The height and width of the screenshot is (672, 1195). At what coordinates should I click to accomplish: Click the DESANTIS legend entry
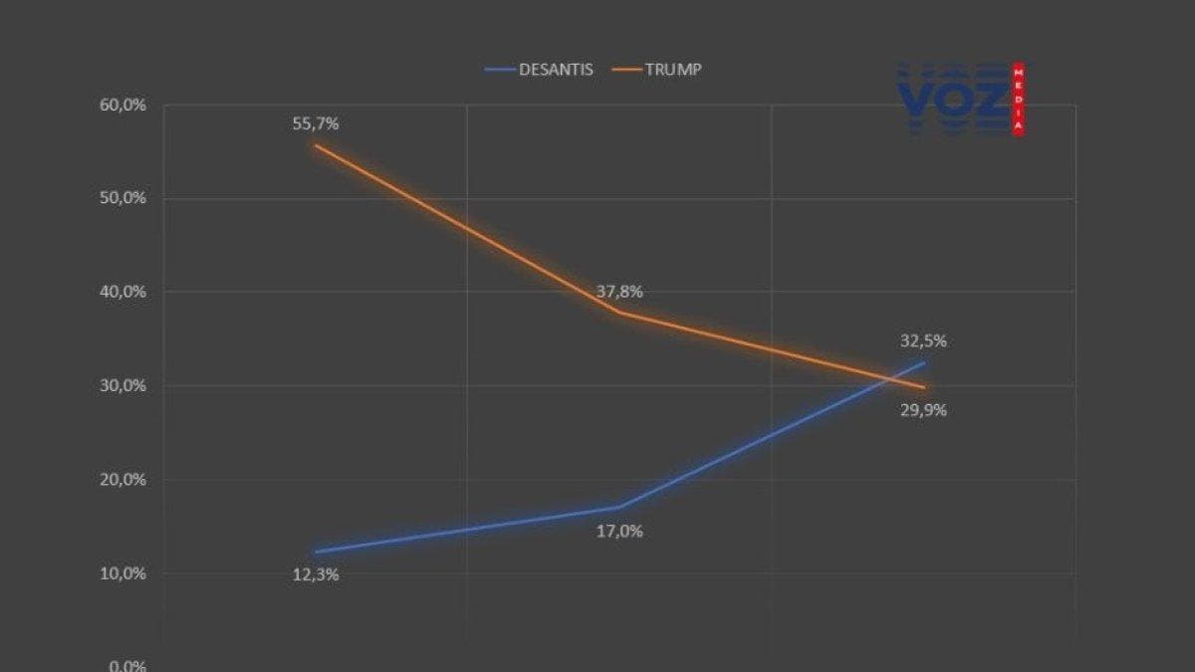click(539, 70)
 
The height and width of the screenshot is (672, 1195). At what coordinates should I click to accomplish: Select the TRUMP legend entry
click(656, 70)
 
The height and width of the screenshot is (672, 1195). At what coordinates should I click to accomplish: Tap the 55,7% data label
click(316, 123)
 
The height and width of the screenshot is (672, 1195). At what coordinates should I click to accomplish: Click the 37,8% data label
click(619, 292)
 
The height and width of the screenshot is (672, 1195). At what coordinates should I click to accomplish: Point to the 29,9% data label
click(923, 410)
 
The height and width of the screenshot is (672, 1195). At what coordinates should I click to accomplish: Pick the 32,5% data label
click(923, 340)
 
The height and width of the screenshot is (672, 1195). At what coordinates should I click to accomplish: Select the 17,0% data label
click(619, 532)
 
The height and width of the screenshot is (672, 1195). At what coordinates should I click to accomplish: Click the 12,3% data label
click(316, 575)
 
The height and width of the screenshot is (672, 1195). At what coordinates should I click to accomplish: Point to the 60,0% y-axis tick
click(122, 106)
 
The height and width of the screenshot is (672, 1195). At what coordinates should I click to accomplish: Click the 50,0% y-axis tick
click(122, 198)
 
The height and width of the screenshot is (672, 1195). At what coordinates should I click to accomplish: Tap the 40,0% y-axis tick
click(122, 292)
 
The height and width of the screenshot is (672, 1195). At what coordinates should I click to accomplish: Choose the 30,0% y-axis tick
click(122, 385)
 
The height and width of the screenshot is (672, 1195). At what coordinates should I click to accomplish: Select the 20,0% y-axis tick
click(122, 480)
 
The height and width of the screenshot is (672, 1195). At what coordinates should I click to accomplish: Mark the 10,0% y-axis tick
click(122, 573)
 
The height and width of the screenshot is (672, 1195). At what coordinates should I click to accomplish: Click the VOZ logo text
click(954, 100)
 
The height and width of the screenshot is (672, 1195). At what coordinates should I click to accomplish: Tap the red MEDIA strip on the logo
click(1019, 100)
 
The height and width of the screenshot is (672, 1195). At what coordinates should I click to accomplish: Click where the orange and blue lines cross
click(891, 379)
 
